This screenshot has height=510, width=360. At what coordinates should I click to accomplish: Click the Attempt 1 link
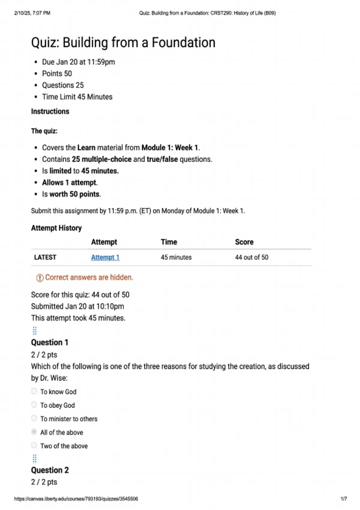tap(105, 257)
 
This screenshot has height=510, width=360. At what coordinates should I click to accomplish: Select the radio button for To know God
tap(34, 391)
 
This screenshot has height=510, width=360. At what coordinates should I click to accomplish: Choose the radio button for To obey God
tap(34, 405)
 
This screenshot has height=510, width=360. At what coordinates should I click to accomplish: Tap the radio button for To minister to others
tap(34, 418)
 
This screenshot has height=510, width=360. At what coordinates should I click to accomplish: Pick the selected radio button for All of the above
tap(34, 432)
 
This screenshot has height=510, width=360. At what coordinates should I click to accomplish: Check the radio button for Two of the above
tap(34, 445)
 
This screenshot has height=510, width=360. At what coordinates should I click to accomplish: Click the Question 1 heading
tap(50, 342)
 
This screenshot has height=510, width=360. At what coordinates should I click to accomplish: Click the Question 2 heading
tap(50, 470)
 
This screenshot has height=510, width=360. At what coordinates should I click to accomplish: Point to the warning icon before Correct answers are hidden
tap(40, 278)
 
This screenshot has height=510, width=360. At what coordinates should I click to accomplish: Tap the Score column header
tap(244, 242)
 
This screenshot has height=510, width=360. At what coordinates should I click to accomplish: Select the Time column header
tap(169, 242)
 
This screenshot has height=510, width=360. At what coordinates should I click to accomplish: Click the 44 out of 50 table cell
tap(252, 257)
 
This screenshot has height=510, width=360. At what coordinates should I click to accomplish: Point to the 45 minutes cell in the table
tap(176, 257)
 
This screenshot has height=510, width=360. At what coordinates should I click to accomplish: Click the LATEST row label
tap(45, 257)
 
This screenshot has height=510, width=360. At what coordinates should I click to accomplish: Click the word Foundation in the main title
tap(184, 43)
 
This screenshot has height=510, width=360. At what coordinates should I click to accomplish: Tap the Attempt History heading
tap(56, 228)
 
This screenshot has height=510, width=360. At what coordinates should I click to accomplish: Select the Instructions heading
tap(50, 111)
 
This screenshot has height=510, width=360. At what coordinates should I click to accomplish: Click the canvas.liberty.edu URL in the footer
tap(76, 499)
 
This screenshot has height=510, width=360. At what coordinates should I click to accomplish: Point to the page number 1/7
tap(344, 499)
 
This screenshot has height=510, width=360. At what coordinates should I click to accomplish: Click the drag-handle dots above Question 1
tap(34, 331)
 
